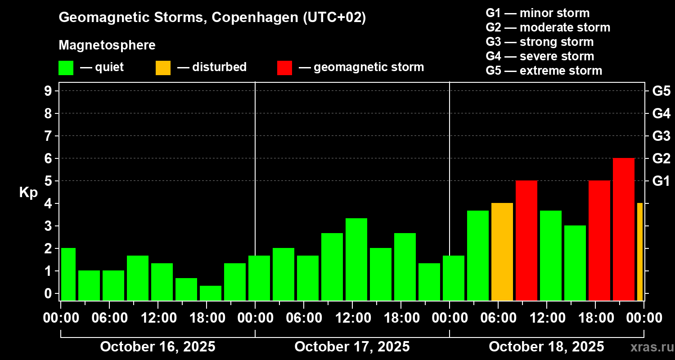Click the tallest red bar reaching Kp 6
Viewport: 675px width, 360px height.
(x=623, y=229)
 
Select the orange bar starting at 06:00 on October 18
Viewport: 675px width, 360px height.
(x=502, y=252)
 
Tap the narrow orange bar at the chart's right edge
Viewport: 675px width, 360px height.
(x=639, y=252)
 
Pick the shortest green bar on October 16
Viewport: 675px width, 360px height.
(x=211, y=293)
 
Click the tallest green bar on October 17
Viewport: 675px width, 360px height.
(x=356, y=259)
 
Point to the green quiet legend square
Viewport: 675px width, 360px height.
(x=66, y=67)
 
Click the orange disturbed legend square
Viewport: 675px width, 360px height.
(x=163, y=67)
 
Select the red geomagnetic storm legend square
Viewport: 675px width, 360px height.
(x=284, y=67)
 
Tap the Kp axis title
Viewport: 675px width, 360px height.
(x=28, y=193)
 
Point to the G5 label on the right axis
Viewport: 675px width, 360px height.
(x=661, y=91)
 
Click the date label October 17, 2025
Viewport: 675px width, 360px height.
(x=352, y=347)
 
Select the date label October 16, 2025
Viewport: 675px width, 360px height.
(x=157, y=347)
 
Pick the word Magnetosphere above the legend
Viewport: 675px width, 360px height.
(x=107, y=45)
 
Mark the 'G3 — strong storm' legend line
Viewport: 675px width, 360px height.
(x=540, y=42)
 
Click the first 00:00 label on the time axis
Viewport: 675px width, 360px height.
(x=61, y=318)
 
